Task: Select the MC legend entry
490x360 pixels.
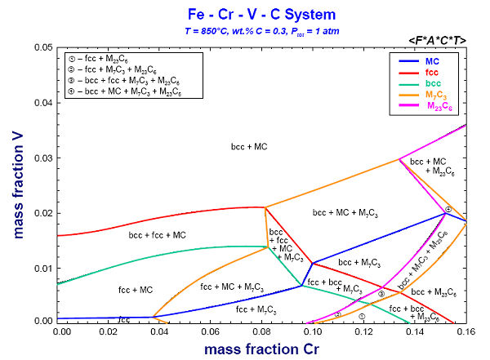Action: coord(431,61)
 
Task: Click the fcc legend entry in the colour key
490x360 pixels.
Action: coord(430,73)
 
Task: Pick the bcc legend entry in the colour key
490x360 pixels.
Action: coord(432,84)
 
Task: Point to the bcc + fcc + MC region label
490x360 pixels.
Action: coord(158,235)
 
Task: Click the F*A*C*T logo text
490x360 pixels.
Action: coord(442,40)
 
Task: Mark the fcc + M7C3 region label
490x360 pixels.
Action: coord(256,309)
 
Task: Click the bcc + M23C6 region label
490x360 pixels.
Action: coord(434,291)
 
